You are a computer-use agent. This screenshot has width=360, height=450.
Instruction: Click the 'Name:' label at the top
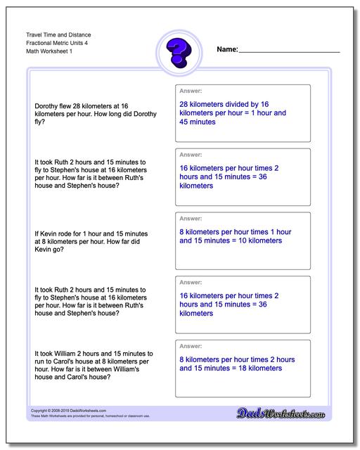(x=227, y=50)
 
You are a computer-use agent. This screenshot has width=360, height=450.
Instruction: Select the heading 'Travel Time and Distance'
(x=60, y=34)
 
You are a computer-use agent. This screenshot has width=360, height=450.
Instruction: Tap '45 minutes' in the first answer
(x=198, y=122)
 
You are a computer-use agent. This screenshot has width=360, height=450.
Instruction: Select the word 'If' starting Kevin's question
(x=37, y=233)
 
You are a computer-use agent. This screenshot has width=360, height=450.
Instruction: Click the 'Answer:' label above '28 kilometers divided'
(x=192, y=91)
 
